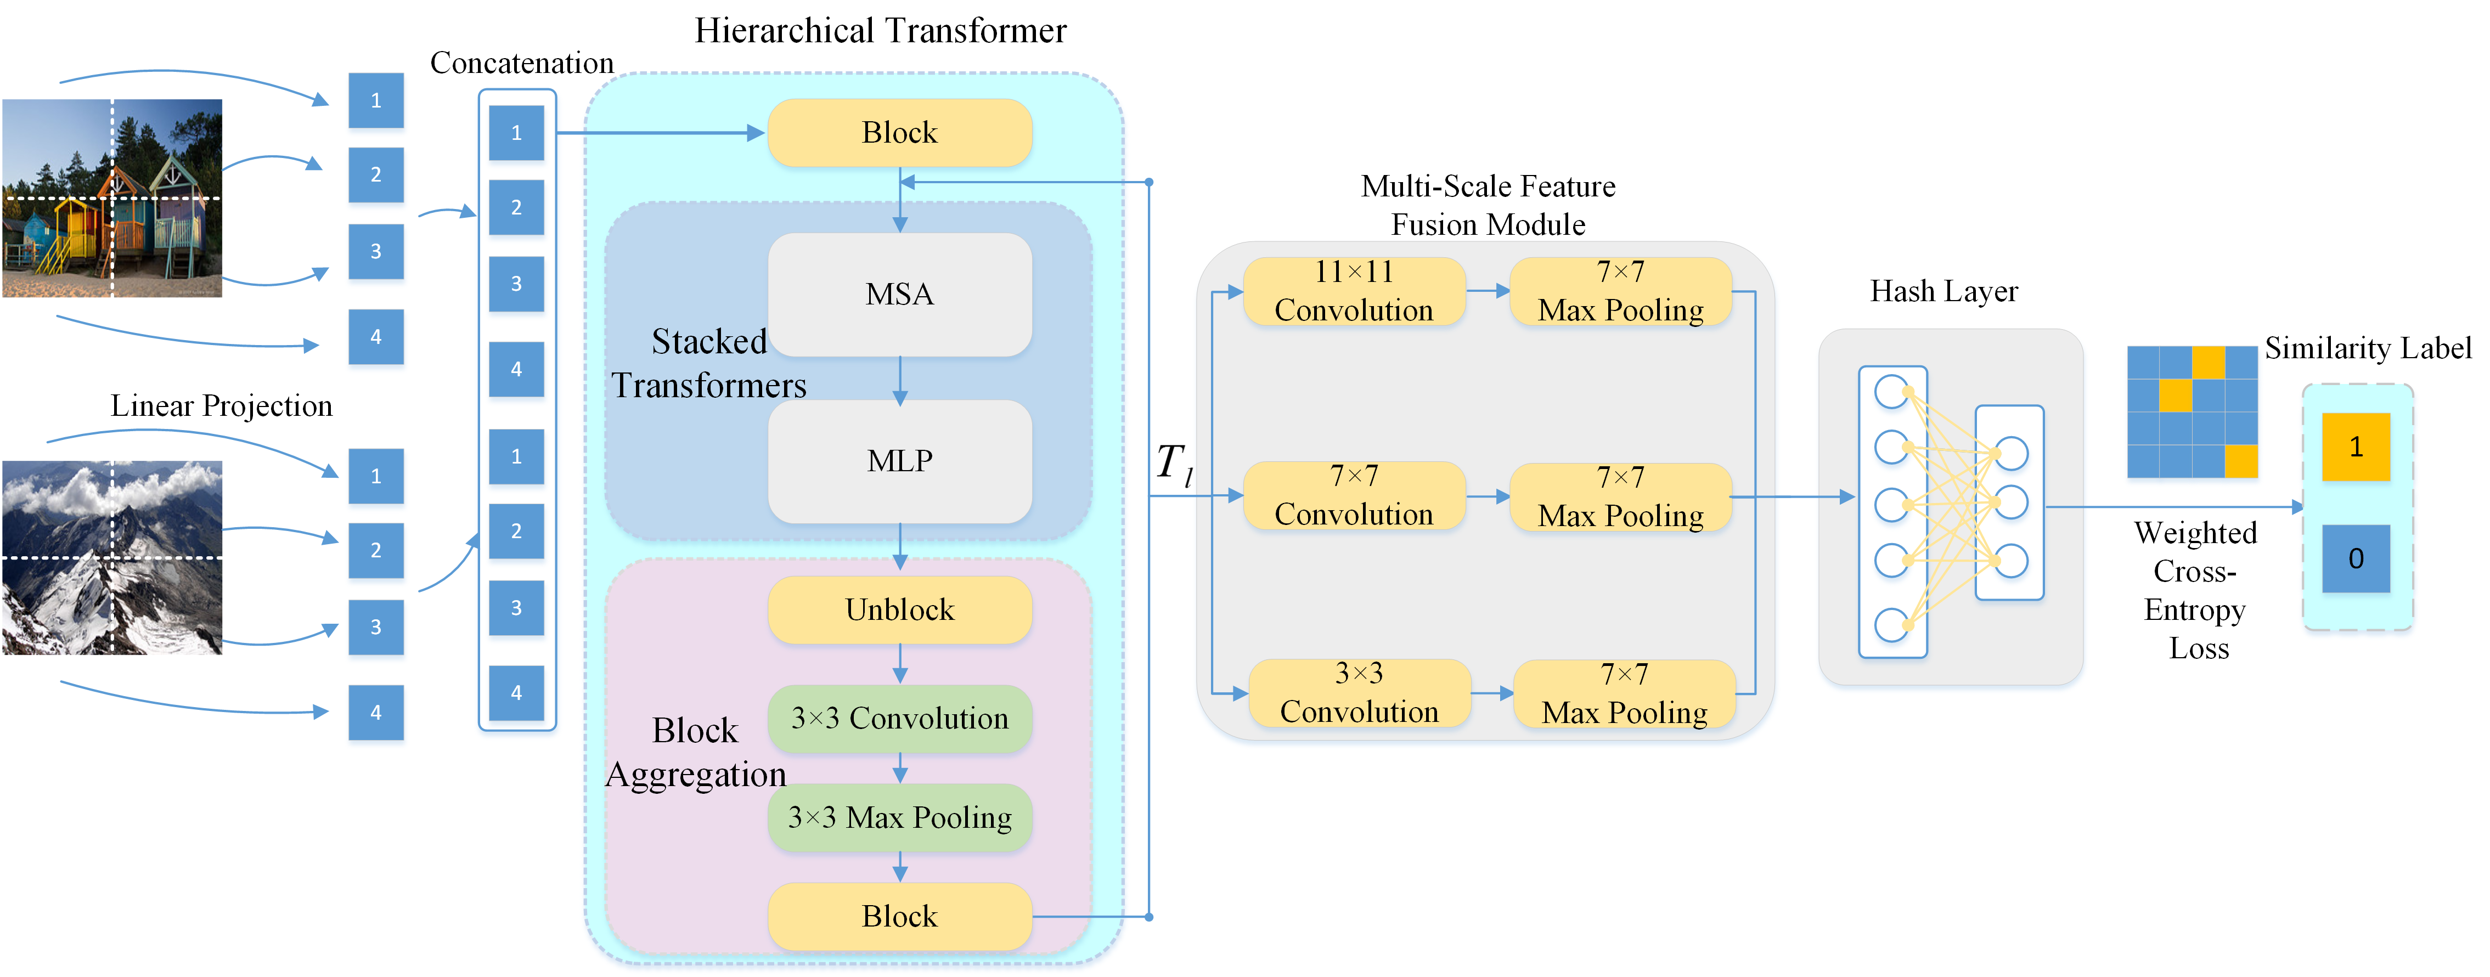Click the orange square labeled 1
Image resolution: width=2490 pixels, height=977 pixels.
[2356, 447]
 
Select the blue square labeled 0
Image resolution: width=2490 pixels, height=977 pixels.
[2356, 558]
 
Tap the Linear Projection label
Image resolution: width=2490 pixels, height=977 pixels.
[221, 406]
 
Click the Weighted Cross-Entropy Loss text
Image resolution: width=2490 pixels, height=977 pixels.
[2196, 590]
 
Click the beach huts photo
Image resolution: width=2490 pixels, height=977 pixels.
[112, 198]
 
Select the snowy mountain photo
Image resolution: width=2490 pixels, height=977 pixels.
[112, 557]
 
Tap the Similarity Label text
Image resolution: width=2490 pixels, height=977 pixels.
[2367, 348]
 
